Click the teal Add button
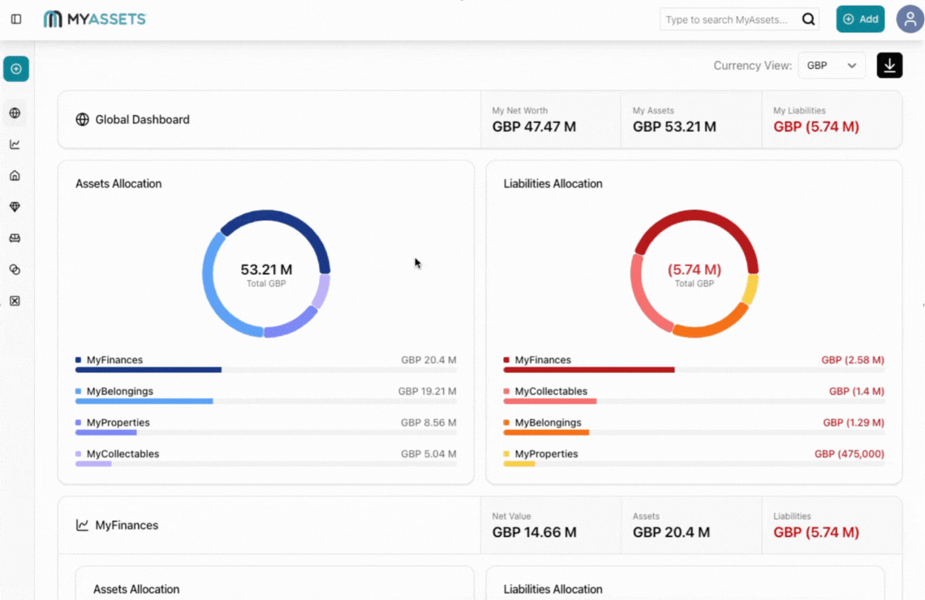(860, 19)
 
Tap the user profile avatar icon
(910, 19)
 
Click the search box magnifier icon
(808, 19)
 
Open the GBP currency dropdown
(831, 66)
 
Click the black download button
(889, 66)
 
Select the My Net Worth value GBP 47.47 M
(534, 126)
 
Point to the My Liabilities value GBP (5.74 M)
(815, 126)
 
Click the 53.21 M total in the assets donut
(266, 269)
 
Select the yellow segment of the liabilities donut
(751, 289)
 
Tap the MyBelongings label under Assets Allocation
(119, 392)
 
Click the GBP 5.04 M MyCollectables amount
(428, 454)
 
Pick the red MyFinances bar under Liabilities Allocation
(588, 370)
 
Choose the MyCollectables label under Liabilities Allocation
(550, 392)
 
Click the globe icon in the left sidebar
(15, 114)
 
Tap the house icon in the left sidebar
(15, 176)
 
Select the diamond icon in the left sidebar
(15, 208)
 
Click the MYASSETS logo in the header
(95, 19)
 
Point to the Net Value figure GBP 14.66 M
(534, 533)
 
